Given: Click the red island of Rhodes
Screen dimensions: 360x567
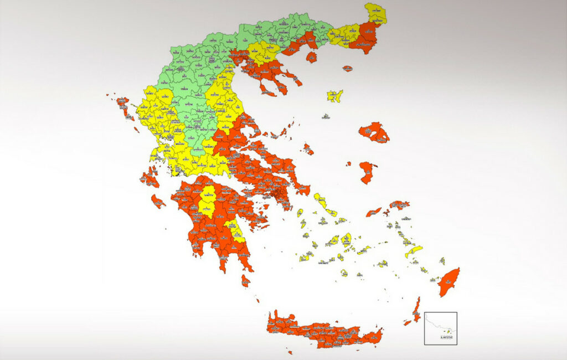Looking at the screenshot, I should [449, 281].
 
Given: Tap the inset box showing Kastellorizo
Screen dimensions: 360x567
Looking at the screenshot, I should [441, 328].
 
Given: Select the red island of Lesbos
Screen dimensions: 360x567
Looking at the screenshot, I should [374, 132].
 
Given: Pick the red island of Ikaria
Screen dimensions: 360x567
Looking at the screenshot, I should [374, 212].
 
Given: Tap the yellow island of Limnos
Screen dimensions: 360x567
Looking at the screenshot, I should [334, 96].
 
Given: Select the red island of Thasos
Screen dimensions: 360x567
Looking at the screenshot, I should [311, 57].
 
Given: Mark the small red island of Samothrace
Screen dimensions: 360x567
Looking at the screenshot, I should [347, 69].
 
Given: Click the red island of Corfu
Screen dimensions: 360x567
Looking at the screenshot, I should [123, 105].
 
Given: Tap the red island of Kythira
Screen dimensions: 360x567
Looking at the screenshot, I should [245, 281].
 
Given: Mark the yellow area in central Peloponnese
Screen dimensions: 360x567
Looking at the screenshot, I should [208, 201].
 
